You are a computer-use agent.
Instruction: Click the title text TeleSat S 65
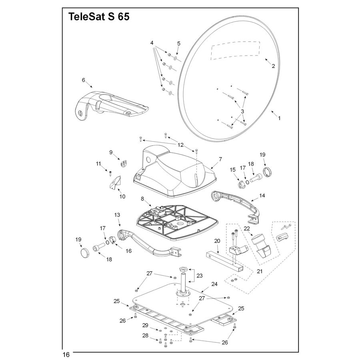pos(99,18)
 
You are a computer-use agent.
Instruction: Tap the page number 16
pos(66,354)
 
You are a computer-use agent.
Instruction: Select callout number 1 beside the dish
pos(279,118)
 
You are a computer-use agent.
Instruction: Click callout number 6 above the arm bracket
pos(83,80)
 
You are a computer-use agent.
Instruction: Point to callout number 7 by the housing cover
pos(220,159)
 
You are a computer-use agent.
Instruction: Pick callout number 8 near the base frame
pos(142,198)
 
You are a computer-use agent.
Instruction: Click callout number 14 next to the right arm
pos(262,196)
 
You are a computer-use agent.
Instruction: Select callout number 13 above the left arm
pos(117,215)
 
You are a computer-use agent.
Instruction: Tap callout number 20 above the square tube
pos(217,241)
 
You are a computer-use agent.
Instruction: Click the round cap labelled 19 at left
pos(85,253)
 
